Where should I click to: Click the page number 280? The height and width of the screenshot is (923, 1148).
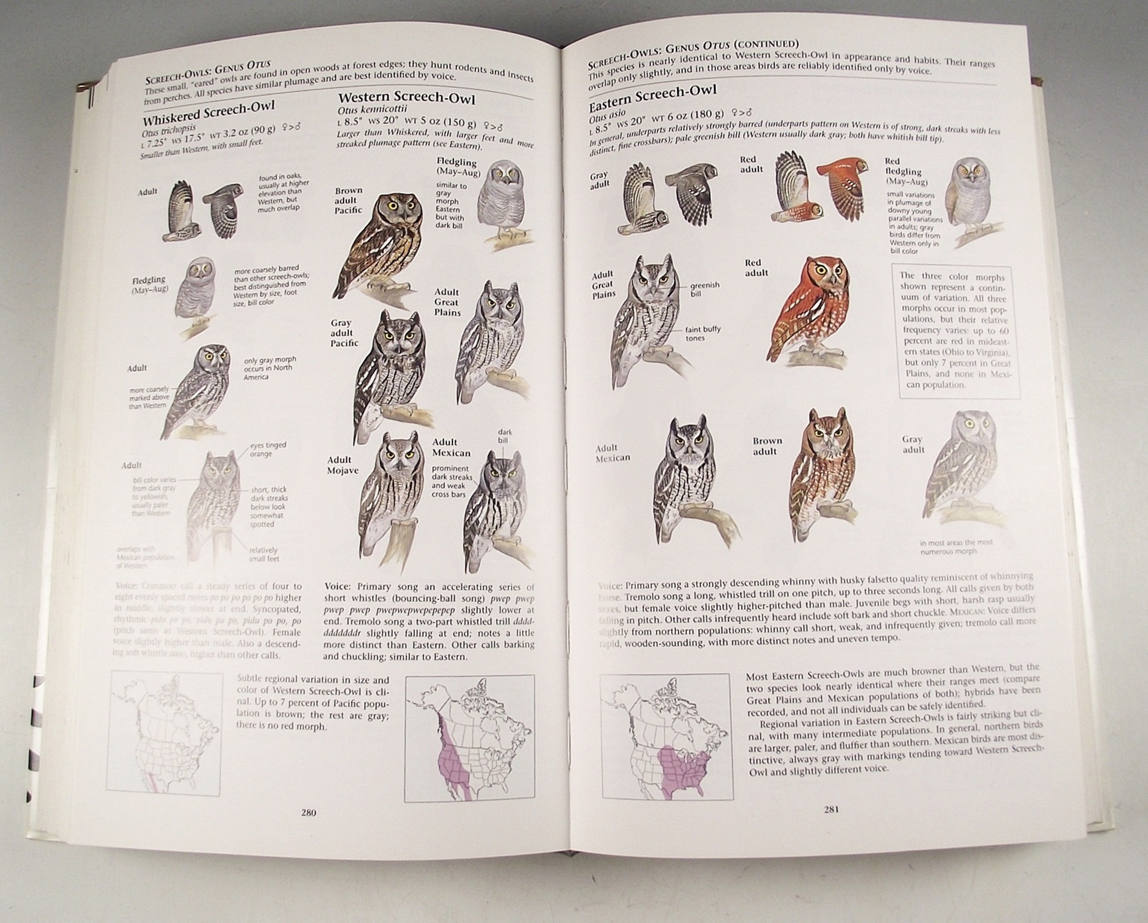308,813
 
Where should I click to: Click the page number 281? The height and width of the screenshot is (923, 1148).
832,809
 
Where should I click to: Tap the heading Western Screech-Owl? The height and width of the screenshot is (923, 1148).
407,99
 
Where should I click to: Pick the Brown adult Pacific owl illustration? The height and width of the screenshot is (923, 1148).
383,242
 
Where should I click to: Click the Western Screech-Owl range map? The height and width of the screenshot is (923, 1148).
469,737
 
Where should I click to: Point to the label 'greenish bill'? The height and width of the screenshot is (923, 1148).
704,289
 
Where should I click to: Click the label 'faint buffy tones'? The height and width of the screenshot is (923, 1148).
702,334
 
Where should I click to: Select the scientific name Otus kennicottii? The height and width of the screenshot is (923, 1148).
371,110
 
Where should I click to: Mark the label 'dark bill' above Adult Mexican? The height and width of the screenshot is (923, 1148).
505,436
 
